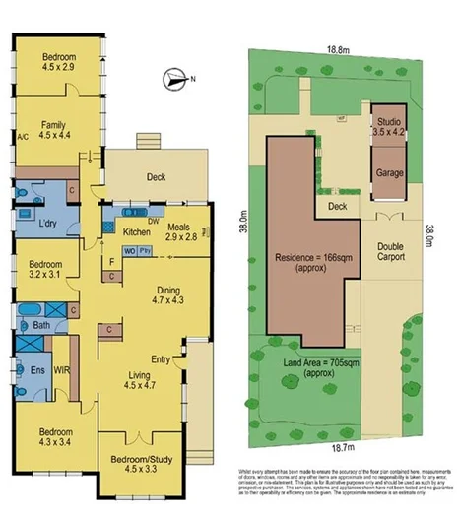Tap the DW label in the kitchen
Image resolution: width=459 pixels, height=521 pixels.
coord(154,221)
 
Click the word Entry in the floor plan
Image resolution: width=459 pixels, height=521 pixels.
coord(162,360)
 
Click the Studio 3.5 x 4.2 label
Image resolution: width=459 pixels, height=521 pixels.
coord(390,127)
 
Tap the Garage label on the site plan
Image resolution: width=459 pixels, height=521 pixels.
coord(389,172)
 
